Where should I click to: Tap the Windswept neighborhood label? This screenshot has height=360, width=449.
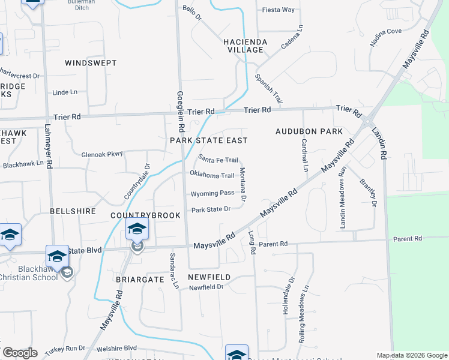(91, 63)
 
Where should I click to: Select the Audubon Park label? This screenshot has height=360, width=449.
(309, 131)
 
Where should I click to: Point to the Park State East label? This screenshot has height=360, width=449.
(209, 140)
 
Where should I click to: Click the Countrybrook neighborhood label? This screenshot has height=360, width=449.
(137, 215)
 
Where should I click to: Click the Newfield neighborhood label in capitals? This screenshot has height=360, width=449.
(209, 277)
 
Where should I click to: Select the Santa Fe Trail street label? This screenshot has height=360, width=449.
(218, 160)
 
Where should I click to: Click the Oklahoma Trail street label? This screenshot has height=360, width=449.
(211, 175)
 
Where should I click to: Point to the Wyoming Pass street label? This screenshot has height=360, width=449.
(212, 194)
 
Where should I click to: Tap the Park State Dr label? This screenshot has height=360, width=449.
(211, 209)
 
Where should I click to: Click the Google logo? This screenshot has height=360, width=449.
(20, 353)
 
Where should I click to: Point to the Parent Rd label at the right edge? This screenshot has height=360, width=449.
(426, 239)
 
